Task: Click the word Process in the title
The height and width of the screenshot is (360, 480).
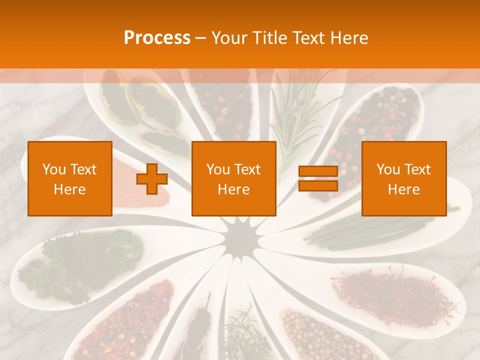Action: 157,37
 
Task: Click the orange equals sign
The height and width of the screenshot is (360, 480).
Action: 318,178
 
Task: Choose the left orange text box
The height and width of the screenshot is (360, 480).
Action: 70,179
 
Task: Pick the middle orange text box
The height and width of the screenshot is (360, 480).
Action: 234,179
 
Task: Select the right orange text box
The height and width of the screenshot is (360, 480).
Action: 404,179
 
